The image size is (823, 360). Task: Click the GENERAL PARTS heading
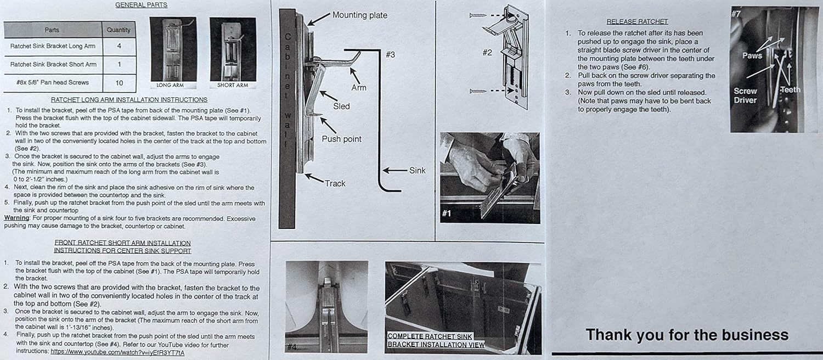141,5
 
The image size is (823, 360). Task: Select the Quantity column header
119,30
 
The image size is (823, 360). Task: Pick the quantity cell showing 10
119,82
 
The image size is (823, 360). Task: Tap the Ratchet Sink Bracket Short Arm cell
53,64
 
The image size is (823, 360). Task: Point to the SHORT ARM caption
233,85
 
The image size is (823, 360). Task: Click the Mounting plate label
359,15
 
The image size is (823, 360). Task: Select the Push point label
341,139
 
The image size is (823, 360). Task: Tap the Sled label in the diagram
341,106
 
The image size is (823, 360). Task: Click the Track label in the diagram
335,183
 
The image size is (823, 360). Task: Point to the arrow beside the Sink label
394,171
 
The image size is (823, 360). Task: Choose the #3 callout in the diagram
390,54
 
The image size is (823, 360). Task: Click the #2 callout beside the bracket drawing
487,52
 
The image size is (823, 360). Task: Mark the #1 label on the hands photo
446,213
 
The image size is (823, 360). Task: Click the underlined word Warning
16,218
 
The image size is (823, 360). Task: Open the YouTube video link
117,352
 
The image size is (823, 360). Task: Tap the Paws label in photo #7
752,55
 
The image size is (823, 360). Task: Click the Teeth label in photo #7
790,89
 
